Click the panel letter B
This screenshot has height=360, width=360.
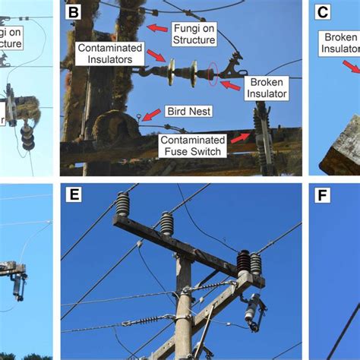(74, 12)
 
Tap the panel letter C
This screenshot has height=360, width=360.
(322, 12)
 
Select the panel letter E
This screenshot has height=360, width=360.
(74, 195)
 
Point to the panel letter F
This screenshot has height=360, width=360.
(322, 195)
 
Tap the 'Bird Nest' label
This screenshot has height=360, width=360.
(191, 112)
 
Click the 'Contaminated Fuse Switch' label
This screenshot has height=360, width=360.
(192, 144)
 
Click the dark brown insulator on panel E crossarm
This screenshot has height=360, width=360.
(244, 263)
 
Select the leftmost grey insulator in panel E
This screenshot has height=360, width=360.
(122, 204)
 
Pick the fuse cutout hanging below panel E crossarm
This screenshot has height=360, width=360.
(252, 311)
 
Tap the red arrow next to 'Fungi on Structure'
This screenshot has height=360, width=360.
(159, 28)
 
